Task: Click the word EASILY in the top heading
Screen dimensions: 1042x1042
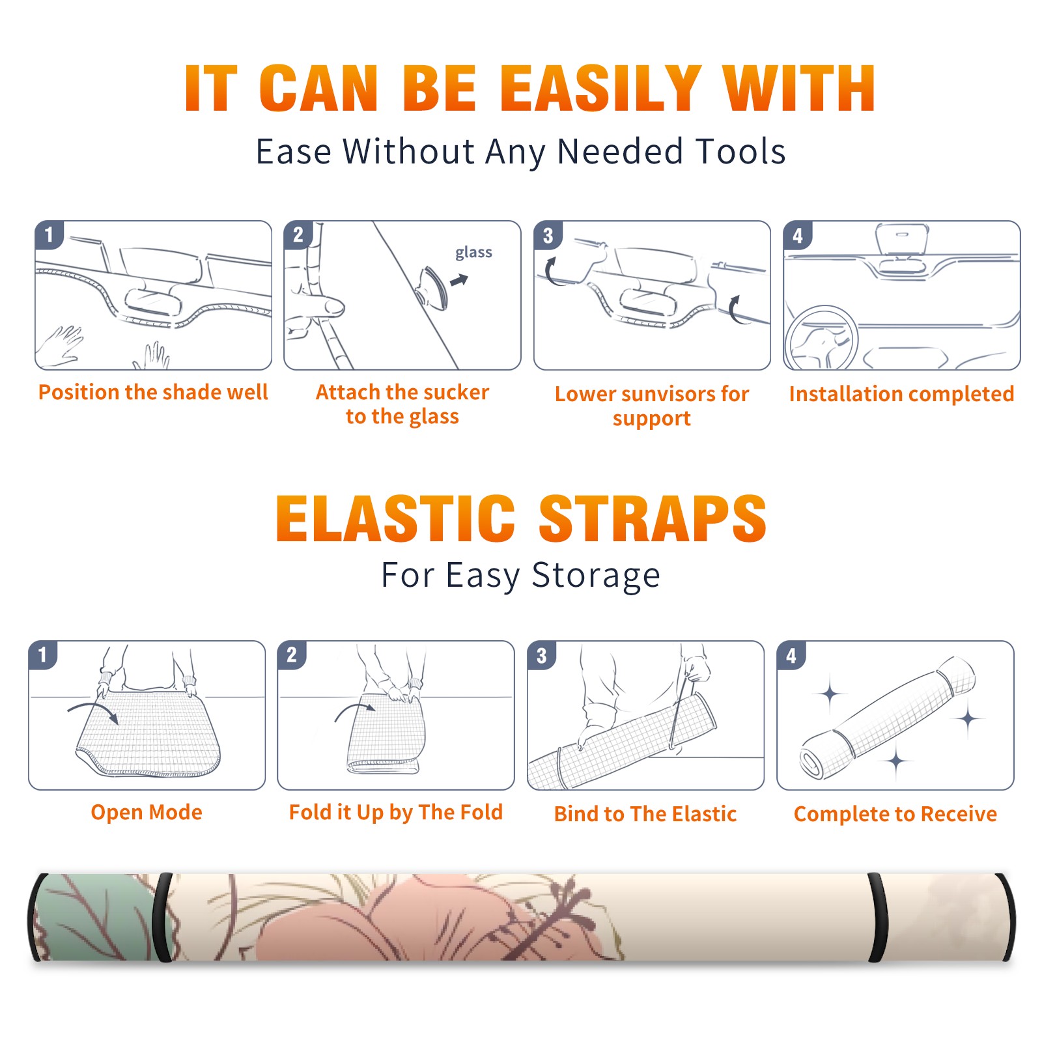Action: [600, 89]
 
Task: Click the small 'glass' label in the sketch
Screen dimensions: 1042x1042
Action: [473, 253]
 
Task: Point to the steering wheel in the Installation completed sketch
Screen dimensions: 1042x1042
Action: [821, 338]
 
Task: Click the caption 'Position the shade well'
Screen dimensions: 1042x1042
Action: [153, 392]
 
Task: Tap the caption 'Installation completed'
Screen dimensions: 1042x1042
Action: [901, 393]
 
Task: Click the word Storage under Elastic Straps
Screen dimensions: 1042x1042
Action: [596, 576]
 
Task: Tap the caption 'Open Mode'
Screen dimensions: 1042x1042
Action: [147, 812]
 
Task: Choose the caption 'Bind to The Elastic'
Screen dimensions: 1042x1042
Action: [645, 814]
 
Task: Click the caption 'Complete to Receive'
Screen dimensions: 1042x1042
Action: [895, 814]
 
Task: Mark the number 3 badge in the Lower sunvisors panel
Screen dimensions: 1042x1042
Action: [548, 235]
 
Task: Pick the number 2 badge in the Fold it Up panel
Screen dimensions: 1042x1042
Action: [292, 655]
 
